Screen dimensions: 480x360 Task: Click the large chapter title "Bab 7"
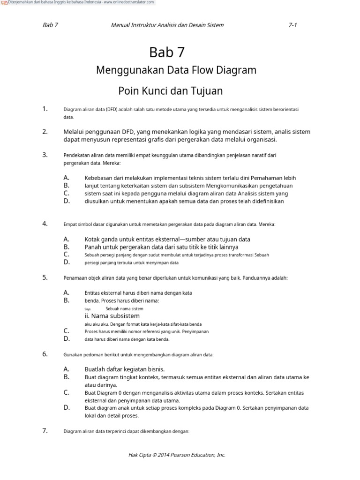tap(170, 52)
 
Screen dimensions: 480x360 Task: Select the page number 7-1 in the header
tap(293, 25)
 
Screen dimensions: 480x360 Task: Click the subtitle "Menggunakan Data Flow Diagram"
tap(176, 70)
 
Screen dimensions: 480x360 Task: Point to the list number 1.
tap(45, 109)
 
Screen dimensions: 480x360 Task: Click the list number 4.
tap(45, 224)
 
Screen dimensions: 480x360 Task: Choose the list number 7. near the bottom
tap(45, 430)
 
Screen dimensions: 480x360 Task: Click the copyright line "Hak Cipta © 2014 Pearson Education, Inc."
tap(177, 455)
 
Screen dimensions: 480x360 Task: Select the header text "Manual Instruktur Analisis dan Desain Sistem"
tap(167, 25)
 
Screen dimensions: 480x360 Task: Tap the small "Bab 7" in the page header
tap(50, 25)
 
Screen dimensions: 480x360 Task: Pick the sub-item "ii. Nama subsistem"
tap(112, 316)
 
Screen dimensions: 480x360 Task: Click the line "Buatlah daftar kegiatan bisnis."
tap(125, 369)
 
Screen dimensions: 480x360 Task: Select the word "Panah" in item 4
tap(93, 247)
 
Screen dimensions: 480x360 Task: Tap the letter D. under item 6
tap(67, 407)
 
